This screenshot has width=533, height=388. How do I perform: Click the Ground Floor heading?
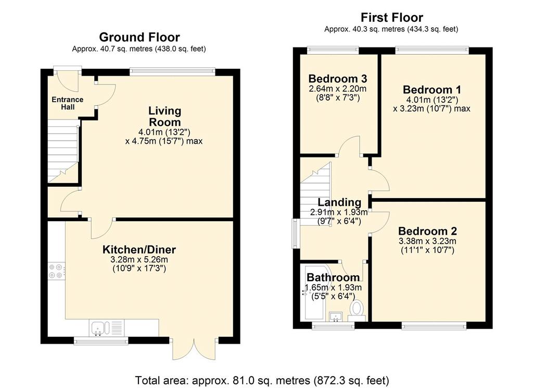coord(139,37)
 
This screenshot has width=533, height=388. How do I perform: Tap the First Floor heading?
coord(392,17)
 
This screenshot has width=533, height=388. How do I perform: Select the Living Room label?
coord(165,116)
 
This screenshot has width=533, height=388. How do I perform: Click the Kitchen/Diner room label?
coord(139,249)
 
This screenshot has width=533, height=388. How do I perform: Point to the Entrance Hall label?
coord(67,103)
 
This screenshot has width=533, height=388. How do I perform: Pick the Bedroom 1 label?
coord(432,90)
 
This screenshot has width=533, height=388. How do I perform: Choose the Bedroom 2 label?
coord(428,231)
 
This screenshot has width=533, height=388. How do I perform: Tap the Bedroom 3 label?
coord(338,79)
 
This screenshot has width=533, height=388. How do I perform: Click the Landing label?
coord(339,202)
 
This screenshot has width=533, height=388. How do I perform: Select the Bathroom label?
coord(333,277)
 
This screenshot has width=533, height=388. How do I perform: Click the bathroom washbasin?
coord(337,317)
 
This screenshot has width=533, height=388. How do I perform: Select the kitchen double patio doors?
coord(195,348)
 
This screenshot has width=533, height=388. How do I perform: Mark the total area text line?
coord(262,380)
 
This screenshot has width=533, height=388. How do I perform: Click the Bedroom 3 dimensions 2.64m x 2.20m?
coord(337,89)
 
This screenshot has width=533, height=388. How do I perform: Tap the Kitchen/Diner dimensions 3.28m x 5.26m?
coord(139,260)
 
